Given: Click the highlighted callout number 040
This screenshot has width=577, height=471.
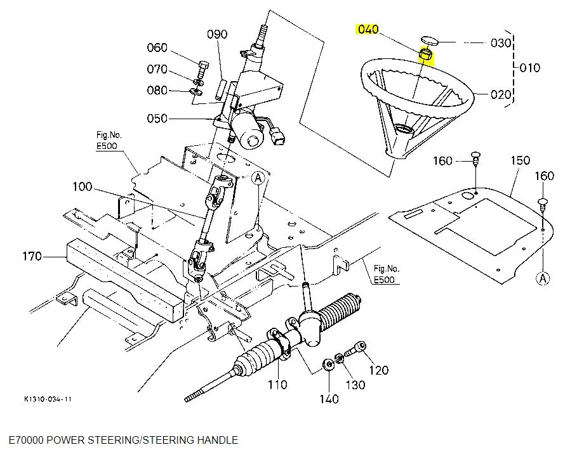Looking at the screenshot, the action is (x=368, y=29).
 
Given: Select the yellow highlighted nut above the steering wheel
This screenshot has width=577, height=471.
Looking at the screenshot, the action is (x=426, y=55).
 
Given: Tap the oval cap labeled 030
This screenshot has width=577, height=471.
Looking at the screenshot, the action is (x=430, y=41).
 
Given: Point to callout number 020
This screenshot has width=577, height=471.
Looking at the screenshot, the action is (x=500, y=94).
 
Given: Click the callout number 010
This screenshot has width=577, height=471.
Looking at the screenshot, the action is (x=530, y=68).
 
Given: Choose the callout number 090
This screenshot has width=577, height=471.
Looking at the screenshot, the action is (x=217, y=34).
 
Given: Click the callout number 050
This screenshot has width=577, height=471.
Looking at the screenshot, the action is (x=157, y=119).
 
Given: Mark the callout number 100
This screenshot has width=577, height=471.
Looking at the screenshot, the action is (x=83, y=186).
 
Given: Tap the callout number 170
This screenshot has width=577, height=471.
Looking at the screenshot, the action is (x=32, y=256).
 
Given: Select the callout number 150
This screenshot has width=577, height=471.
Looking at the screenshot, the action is (x=521, y=160).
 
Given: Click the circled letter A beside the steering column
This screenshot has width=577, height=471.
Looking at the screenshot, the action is (x=258, y=179).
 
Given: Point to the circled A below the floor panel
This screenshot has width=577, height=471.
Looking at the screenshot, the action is (x=543, y=278).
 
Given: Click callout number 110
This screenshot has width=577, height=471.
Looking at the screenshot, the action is (x=277, y=385).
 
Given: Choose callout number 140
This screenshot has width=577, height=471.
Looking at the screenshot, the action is (x=329, y=399).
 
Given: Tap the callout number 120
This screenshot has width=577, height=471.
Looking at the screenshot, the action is (x=379, y=370).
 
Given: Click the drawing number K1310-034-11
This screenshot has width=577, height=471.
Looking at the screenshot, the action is (x=48, y=399).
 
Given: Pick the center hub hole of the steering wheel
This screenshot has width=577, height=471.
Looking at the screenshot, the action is (x=402, y=129).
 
